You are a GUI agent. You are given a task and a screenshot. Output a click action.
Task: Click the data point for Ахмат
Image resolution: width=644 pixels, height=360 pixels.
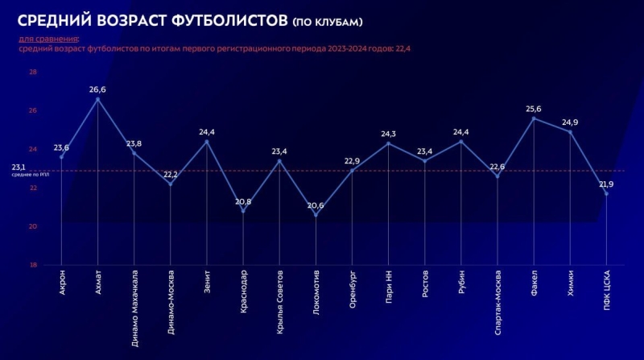point(98,99)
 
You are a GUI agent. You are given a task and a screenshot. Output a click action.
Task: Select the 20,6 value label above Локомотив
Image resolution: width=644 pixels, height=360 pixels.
point(316,206)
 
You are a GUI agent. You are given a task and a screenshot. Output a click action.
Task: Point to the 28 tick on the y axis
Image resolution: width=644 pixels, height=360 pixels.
point(33,72)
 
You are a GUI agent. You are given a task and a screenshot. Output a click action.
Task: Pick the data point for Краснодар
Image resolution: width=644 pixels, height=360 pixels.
point(243,211)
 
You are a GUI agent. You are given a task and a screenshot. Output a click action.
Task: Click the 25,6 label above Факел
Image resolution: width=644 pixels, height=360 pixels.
point(533,109)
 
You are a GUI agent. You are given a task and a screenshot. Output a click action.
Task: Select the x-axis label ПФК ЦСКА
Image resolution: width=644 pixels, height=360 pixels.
point(606,289)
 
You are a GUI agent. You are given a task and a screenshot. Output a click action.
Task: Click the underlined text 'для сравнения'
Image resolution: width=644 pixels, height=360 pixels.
point(48,38)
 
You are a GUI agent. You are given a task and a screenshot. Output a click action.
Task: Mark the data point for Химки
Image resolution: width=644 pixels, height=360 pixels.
point(570,131)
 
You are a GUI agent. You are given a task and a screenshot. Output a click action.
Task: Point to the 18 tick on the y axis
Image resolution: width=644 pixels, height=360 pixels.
point(33,265)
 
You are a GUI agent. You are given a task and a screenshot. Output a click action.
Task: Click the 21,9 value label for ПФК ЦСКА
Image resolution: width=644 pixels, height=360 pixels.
point(606,184)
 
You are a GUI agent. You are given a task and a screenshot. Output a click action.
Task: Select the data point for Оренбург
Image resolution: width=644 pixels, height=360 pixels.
point(352,170)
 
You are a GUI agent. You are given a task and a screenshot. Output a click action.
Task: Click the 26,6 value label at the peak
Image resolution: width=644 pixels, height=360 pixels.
point(98,89)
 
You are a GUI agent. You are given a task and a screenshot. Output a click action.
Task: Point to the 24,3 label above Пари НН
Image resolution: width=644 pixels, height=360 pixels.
point(388,134)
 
